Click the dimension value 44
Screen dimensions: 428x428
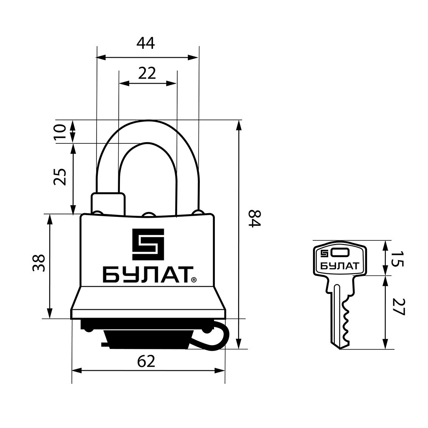(145, 43)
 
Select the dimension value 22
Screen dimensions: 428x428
(147, 73)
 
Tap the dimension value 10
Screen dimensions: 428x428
(61, 132)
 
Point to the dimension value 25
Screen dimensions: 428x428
(60, 177)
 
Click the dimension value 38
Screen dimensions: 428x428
(39, 263)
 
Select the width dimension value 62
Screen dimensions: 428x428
(146, 361)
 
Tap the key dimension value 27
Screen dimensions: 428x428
(398, 307)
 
